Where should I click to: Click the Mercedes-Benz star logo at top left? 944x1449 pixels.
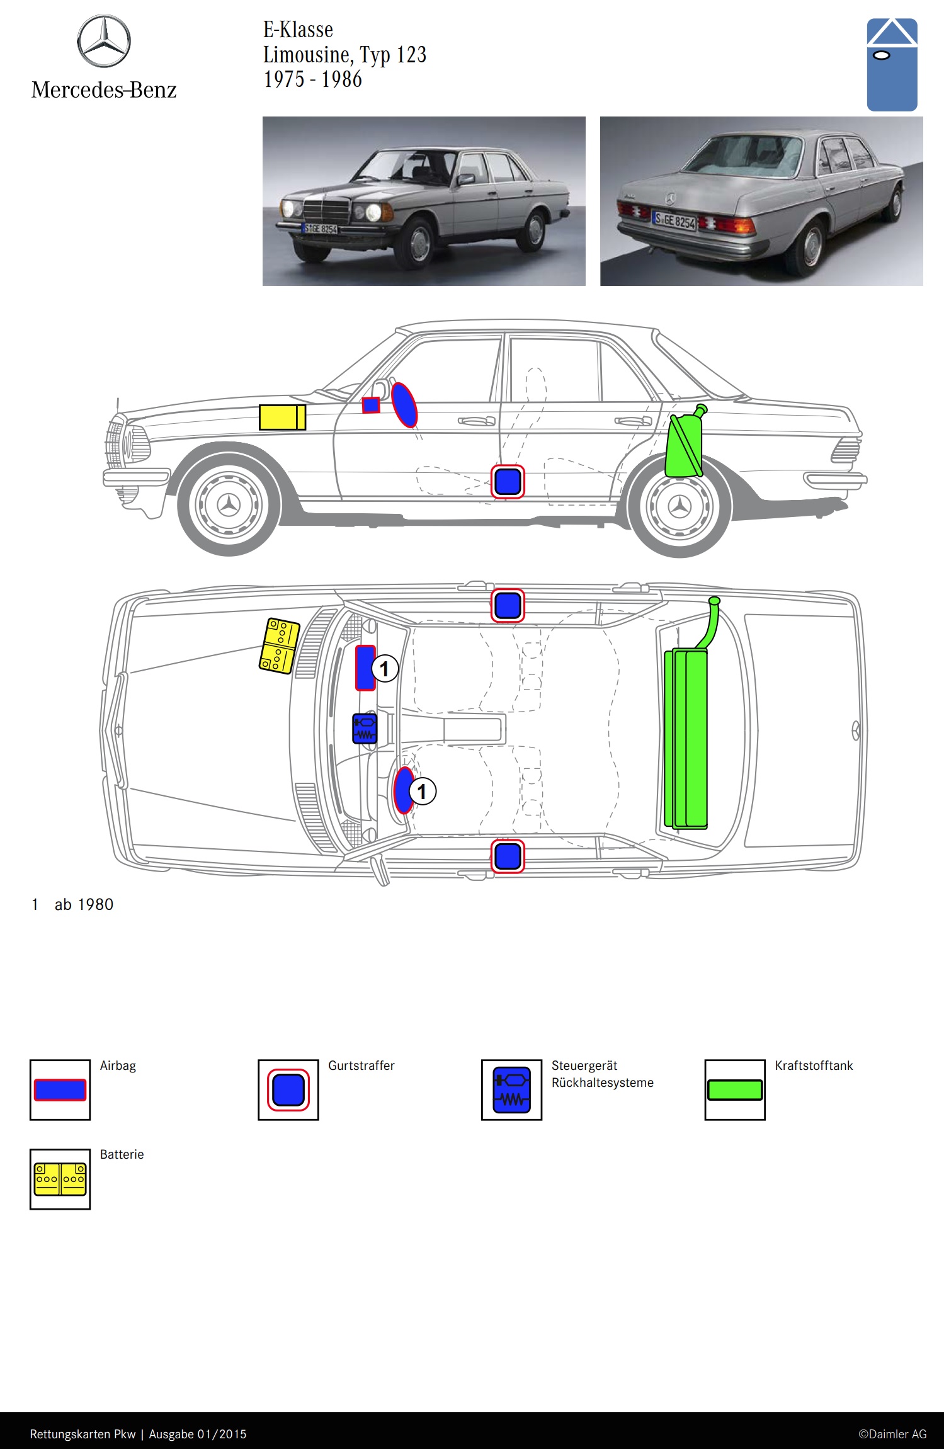104,42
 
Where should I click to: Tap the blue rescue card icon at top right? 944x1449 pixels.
892,65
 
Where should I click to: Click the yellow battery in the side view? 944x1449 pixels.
282,418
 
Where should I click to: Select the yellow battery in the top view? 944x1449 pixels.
279,645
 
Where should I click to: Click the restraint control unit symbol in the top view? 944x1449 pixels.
365,729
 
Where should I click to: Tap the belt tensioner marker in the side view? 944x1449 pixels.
508,482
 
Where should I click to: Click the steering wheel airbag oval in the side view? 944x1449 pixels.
404,404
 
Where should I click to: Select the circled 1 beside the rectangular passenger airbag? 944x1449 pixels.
385,668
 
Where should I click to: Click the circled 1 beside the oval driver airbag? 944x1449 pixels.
423,791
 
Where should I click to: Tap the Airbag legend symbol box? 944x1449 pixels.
60,1089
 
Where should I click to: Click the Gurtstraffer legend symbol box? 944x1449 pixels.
288,1089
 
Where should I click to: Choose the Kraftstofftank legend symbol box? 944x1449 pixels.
735,1089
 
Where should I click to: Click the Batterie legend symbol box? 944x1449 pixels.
60,1179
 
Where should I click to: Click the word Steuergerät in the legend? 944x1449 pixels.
584,1065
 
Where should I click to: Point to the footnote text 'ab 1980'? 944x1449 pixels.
84,904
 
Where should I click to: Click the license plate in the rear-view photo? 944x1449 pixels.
674,220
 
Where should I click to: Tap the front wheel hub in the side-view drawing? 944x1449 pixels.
229,505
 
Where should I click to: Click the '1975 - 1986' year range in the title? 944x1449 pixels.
312,80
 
